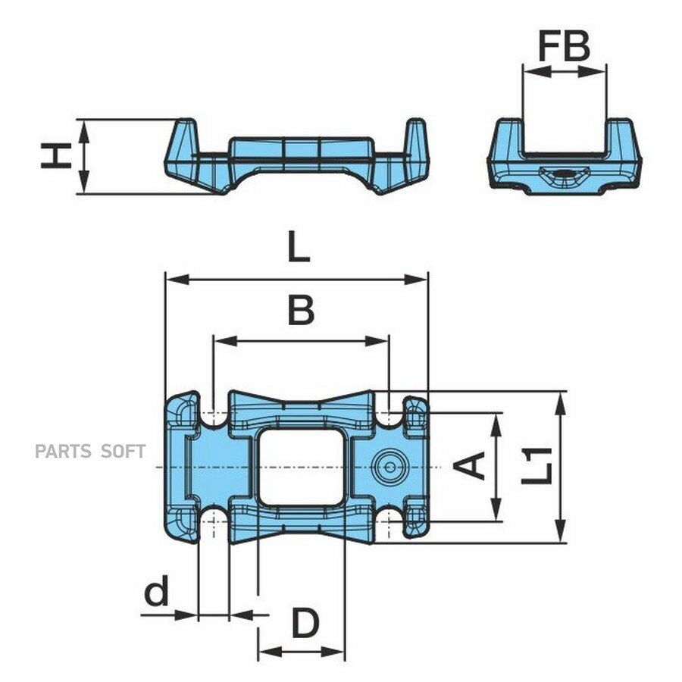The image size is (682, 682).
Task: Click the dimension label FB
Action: (x=564, y=45)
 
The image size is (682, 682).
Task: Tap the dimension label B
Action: (x=301, y=310)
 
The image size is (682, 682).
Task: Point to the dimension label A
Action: (x=469, y=466)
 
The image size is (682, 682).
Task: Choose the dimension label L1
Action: (x=537, y=466)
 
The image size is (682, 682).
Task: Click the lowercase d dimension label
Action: (x=156, y=590)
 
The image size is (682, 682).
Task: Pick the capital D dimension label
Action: (x=305, y=623)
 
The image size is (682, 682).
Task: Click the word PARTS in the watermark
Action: (x=64, y=452)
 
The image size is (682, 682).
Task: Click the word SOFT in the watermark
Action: (x=123, y=452)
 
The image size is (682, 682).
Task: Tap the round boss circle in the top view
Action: (x=390, y=468)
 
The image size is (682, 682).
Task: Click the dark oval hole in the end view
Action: (x=565, y=174)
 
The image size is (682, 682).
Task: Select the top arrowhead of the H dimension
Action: (x=84, y=131)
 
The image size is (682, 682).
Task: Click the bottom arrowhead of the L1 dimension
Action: (x=561, y=530)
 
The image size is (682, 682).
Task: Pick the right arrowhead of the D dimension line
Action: (x=333, y=652)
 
